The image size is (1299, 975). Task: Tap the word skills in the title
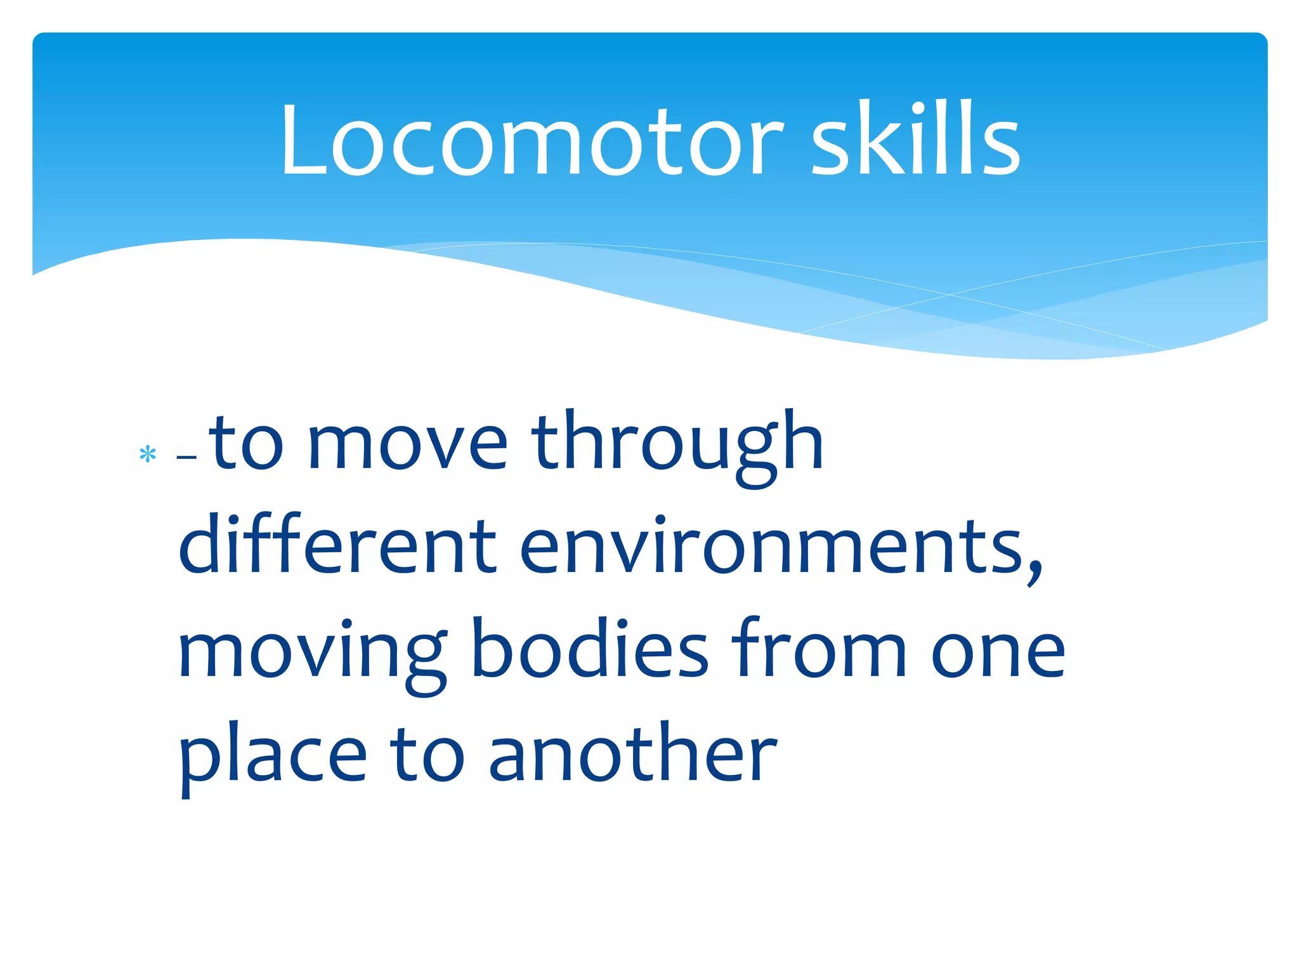916,140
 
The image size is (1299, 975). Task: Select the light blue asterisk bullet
148,454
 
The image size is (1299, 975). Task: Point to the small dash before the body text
187,457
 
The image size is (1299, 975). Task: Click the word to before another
427,755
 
